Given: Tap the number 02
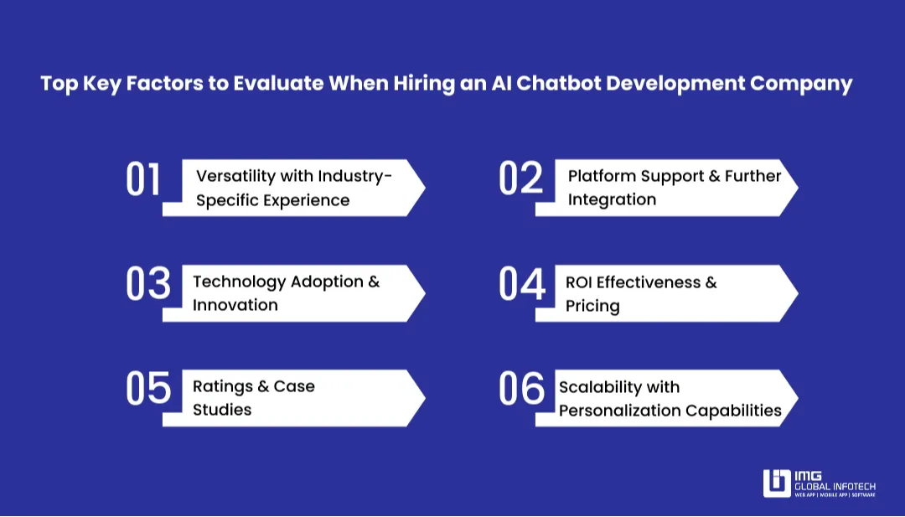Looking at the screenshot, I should click(x=520, y=178).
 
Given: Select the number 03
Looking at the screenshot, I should click(x=147, y=284).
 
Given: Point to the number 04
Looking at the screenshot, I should click(x=522, y=284).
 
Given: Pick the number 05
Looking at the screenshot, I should click(x=147, y=389).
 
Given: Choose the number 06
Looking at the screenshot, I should click(x=521, y=389).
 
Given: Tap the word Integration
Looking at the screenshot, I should click(x=612, y=199).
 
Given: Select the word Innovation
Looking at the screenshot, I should click(x=235, y=305).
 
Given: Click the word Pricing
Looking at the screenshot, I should click(x=592, y=306).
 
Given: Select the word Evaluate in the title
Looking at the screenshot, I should click(x=278, y=84).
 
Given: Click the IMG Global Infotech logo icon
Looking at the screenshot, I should click(x=777, y=483).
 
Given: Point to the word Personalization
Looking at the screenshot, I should click(x=619, y=411).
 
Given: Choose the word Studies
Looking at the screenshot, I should click(x=222, y=410).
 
